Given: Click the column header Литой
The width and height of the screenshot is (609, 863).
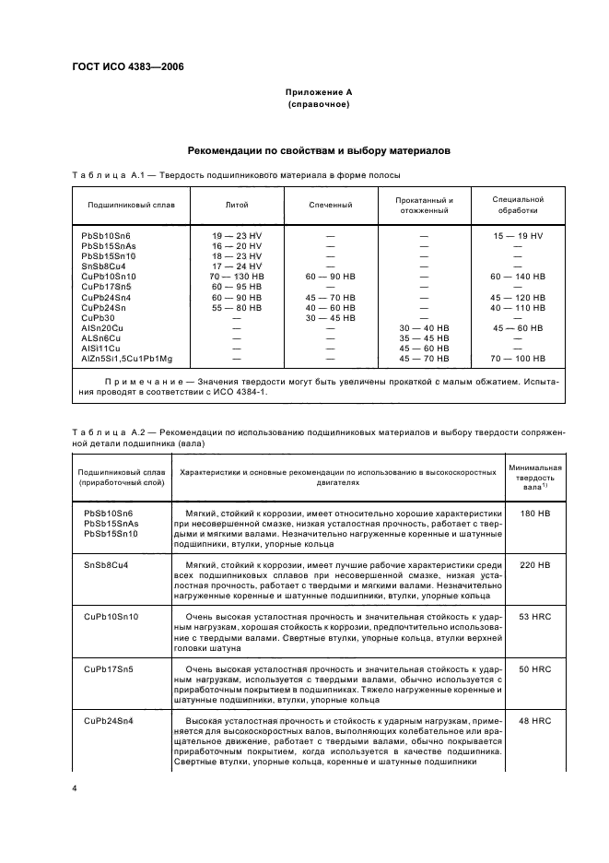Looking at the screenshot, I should pos(237,204).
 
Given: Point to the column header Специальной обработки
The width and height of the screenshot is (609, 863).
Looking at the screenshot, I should pos(517,204).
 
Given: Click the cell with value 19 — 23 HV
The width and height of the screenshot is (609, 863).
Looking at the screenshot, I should pos(237,236).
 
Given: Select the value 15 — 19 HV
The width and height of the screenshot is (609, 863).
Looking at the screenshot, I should pos(517,236).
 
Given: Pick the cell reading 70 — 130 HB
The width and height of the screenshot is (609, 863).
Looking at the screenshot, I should pos(237,276).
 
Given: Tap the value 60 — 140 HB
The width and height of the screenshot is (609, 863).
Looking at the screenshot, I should pos(517,276).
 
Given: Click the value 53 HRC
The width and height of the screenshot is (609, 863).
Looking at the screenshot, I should pos(533,616).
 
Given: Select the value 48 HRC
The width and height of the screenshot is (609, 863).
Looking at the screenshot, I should pos(533,720).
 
